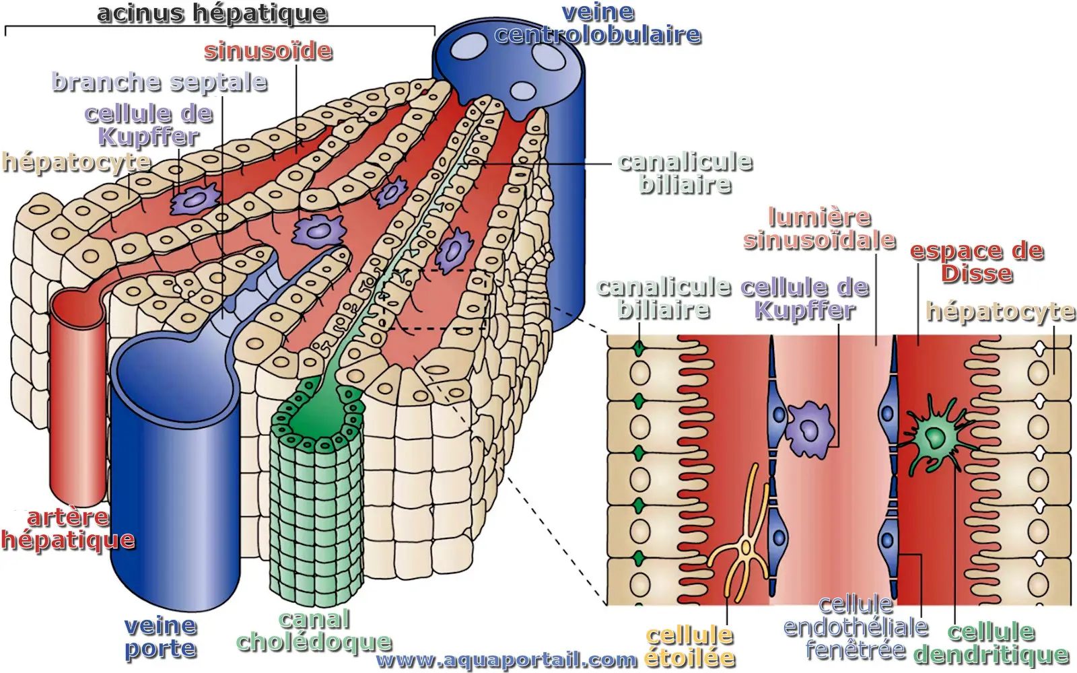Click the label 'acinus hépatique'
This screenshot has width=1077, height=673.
212,13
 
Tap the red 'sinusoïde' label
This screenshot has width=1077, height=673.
268,51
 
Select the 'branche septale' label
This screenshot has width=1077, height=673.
160,82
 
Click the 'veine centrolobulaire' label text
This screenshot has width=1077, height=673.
598,24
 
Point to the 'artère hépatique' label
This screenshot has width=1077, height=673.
67,529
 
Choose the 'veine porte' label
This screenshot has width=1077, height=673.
160,637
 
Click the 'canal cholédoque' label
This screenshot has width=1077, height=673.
314,631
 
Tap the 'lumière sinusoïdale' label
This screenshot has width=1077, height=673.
819,229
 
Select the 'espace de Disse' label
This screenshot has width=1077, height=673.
977,262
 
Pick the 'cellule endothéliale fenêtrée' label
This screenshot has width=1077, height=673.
856,627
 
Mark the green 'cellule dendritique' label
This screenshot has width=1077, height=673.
991,643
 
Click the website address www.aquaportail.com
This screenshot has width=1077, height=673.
506,660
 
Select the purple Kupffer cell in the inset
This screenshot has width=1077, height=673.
810,429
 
